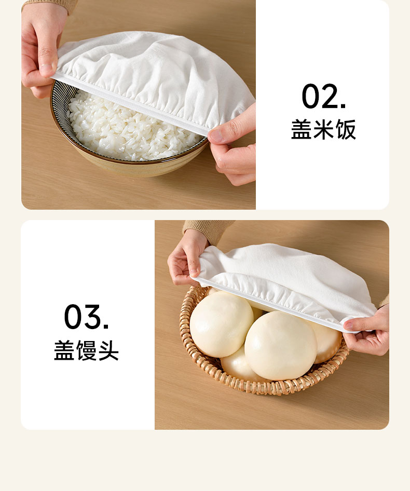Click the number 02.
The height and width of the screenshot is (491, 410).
click(323, 96)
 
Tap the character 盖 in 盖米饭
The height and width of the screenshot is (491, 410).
click(302, 129)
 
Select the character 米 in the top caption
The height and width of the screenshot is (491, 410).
click(323, 129)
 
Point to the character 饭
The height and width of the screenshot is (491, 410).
click(346, 129)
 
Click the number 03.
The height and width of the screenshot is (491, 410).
click(86, 317)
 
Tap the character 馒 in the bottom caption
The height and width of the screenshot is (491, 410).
click(86, 350)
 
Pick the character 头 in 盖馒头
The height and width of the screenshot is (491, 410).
click(108, 350)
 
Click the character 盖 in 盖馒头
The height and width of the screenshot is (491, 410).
click(64, 350)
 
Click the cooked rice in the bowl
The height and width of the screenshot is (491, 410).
click(125, 131)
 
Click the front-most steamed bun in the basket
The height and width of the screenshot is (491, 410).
click(281, 345)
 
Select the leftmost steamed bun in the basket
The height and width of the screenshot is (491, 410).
click(221, 324)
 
